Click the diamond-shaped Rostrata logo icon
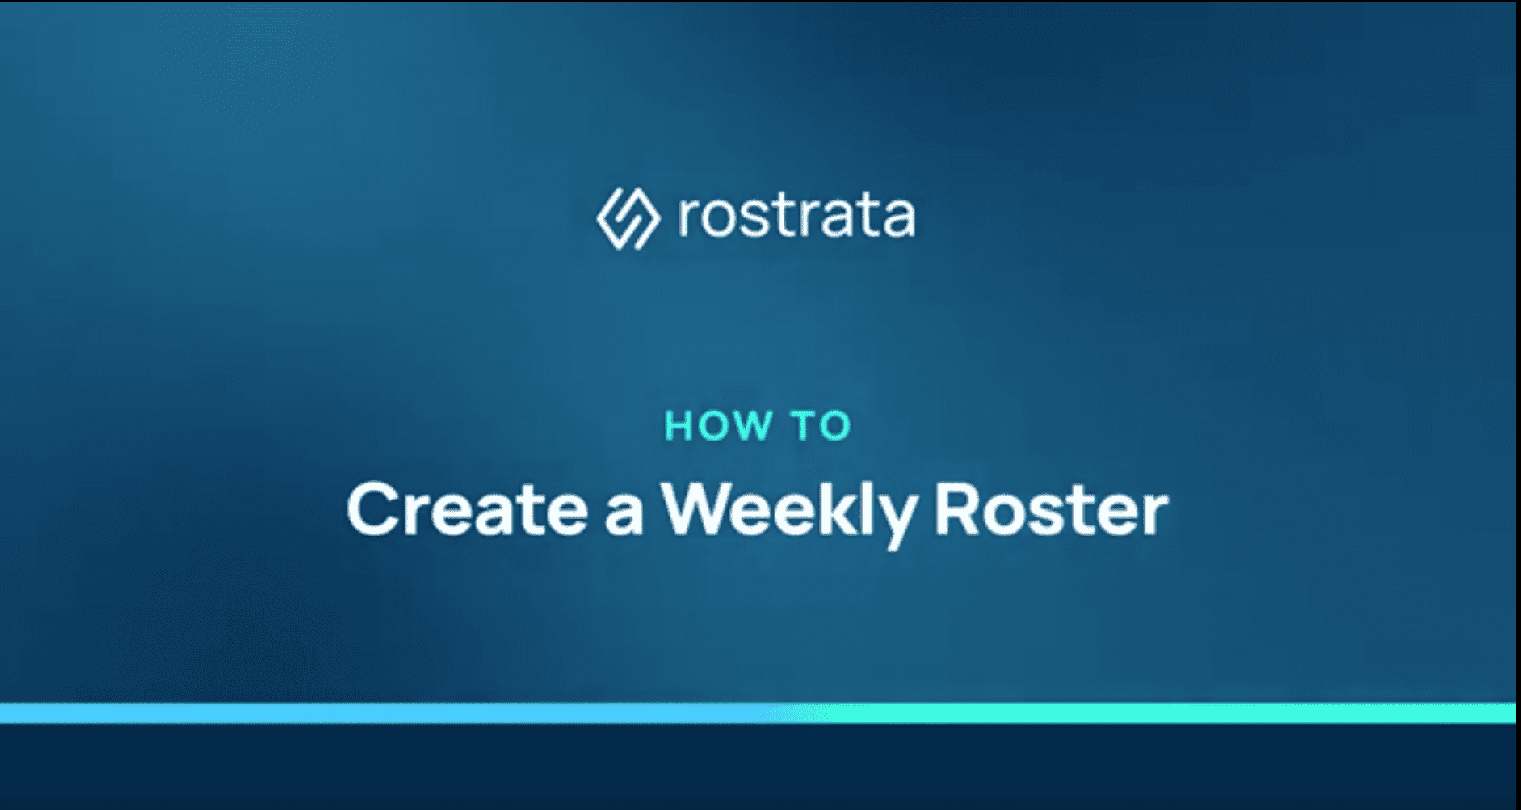point(628,218)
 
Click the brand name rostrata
point(797,217)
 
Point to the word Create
point(467,509)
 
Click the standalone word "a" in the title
point(624,516)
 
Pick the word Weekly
point(789,514)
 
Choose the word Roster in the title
point(1051,509)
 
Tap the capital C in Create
point(373,509)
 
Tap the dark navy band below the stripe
point(759,766)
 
